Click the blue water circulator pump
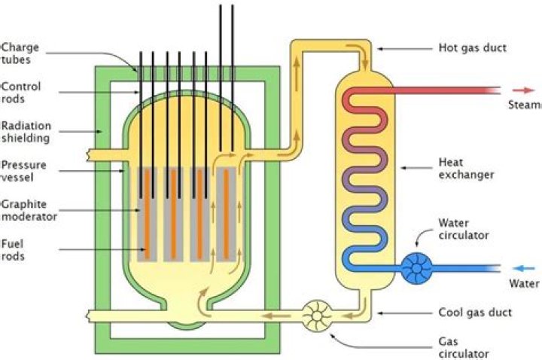pos(417,268)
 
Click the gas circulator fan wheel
pos(317,316)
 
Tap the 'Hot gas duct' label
pos(473,47)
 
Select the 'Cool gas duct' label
pos(475,313)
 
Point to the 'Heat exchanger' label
pos(466,169)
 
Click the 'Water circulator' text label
pos(464,229)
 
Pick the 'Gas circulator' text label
pos(464,348)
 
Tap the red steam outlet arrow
pos(523,90)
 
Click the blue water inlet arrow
pos(523,268)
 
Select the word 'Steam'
pos(525,105)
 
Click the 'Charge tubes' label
pos(20,53)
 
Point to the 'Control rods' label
pos(21,93)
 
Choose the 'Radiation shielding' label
pos(26,132)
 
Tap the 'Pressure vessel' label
pos(23,171)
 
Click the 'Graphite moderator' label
pos(29,210)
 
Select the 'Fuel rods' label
pos(13,250)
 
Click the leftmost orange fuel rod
pos(147,215)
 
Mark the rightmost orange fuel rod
pos(226,215)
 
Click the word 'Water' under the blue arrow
pos(524,284)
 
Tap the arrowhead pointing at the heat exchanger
pos(403,168)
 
